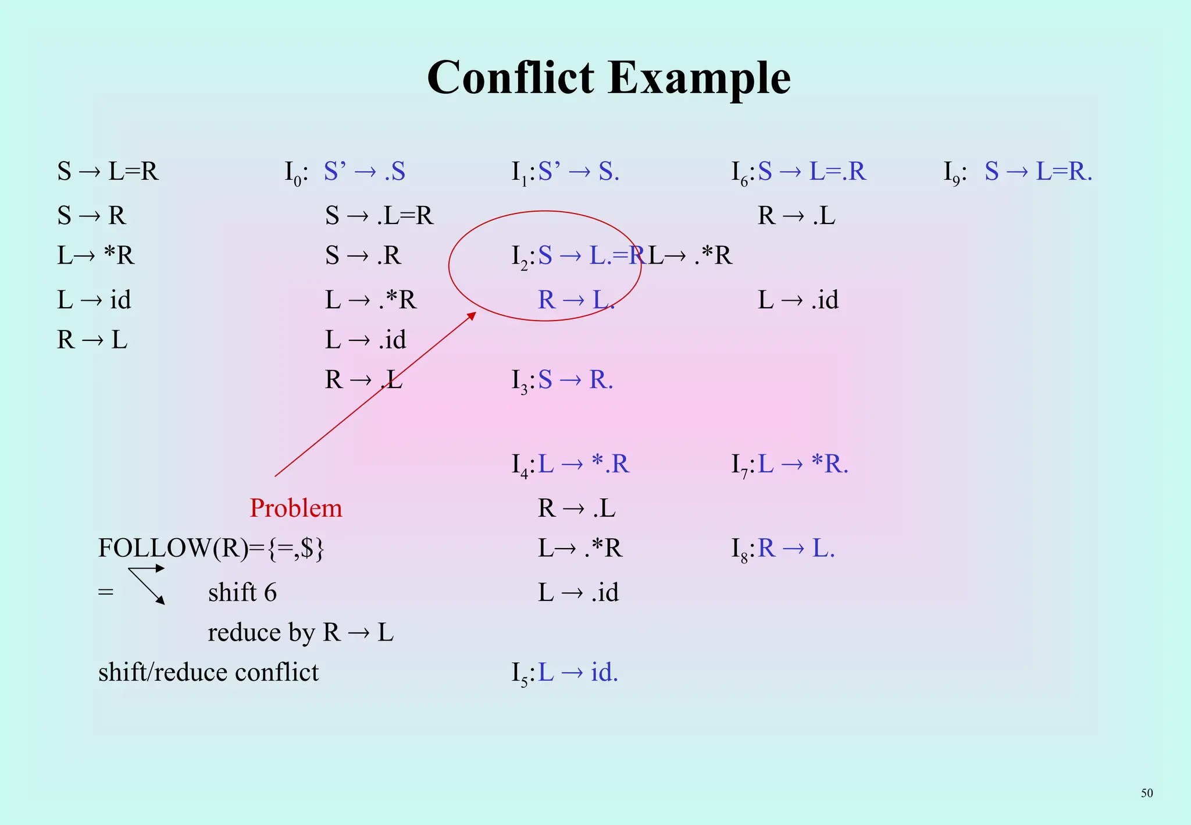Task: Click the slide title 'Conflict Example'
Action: pyautogui.click(x=608, y=78)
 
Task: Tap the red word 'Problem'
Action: pyautogui.click(x=296, y=508)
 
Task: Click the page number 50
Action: pyautogui.click(x=1146, y=793)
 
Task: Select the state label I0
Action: pyautogui.click(x=295, y=172)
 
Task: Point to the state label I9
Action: pyautogui.click(x=954, y=172)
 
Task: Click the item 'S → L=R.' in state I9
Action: pyautogui.click(x=1038, y=172)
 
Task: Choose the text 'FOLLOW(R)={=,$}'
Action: pyautogui.click(x=211, y=548)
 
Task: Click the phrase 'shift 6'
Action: pyautogui.click(x=242, y=592)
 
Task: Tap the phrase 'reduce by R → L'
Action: pyautogui.click(x=301, y=632)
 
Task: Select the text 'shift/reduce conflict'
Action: pyautogui.click(x=208, y=673)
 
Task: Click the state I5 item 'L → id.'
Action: pyautogui.click(x=578, y=673)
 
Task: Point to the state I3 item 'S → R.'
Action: pyautogui.click(x=575, y=380)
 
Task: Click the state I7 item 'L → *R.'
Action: pyautogui.click(x=803, y=464)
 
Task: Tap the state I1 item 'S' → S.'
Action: pyautogui.click(x=579, y=172)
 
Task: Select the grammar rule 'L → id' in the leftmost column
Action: pyautogui.click(x=94, y=300)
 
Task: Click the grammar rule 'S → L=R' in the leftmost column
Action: pyautogui.click(x=108, y=172)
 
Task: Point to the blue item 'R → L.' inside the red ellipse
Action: pyautogui.click(x=576, y=300)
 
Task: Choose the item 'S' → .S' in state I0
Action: pyautogui.click(x=364, y=172)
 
